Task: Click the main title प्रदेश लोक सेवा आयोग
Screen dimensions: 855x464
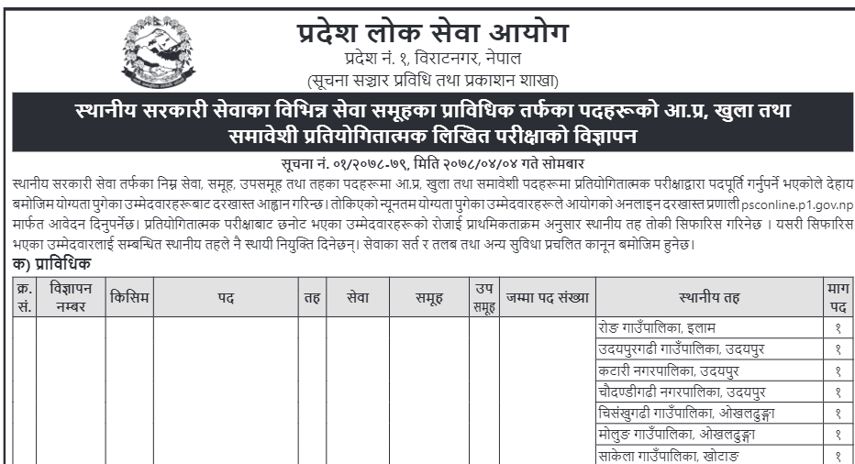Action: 432,34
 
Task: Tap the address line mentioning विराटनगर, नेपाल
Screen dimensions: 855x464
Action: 432,61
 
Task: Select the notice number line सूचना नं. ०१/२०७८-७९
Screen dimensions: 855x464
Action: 432,161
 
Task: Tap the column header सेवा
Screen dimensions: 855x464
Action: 358,297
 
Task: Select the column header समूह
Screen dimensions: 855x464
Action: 428,297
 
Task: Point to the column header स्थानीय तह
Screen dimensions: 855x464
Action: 709,297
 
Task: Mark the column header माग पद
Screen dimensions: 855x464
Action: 838,297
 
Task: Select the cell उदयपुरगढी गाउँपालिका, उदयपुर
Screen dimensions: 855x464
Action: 682,349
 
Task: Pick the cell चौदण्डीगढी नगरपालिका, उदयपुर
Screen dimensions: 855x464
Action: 682,392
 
